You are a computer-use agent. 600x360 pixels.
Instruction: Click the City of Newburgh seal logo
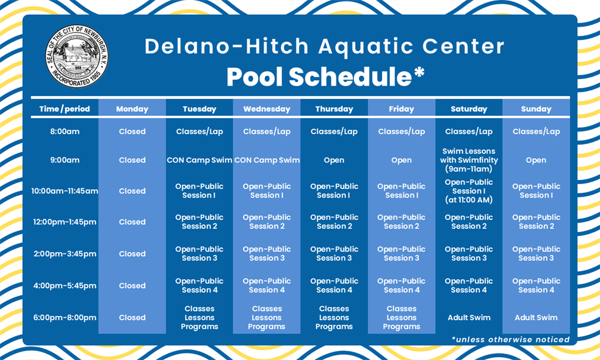pos(77,56)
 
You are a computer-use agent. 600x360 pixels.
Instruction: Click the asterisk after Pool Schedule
pos(418,72)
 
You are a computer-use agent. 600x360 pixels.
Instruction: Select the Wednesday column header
pos(267,109)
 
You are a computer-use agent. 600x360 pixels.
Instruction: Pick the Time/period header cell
pos(64,109)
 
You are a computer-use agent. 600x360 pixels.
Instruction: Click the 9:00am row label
pos(64,160)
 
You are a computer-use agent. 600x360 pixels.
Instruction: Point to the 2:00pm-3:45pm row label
pos(64,253)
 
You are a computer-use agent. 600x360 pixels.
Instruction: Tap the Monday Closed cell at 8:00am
pos(132,131)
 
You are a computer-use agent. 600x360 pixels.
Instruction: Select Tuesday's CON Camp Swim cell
pos(199,160)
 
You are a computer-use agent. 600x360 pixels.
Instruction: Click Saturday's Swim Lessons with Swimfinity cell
pos(469,160)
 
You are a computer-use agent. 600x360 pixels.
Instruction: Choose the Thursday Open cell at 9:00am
pos(334,160)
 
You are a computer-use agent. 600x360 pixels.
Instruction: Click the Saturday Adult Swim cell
pos(469,317)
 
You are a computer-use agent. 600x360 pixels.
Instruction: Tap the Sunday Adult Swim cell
pos(536,317)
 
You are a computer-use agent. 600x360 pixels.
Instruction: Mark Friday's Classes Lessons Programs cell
pos(401,317)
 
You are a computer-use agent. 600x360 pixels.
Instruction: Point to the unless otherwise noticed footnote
pos(510,339)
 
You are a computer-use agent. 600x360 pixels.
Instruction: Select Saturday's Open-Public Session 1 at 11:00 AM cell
pos(469,191)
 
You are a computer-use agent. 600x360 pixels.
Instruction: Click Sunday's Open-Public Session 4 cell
pos(536,286)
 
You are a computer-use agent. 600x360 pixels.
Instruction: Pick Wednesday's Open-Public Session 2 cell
pos(267,222)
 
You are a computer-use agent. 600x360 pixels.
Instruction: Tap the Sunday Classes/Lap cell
pos(536,131)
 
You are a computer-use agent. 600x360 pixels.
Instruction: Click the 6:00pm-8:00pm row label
pos(64,317)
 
